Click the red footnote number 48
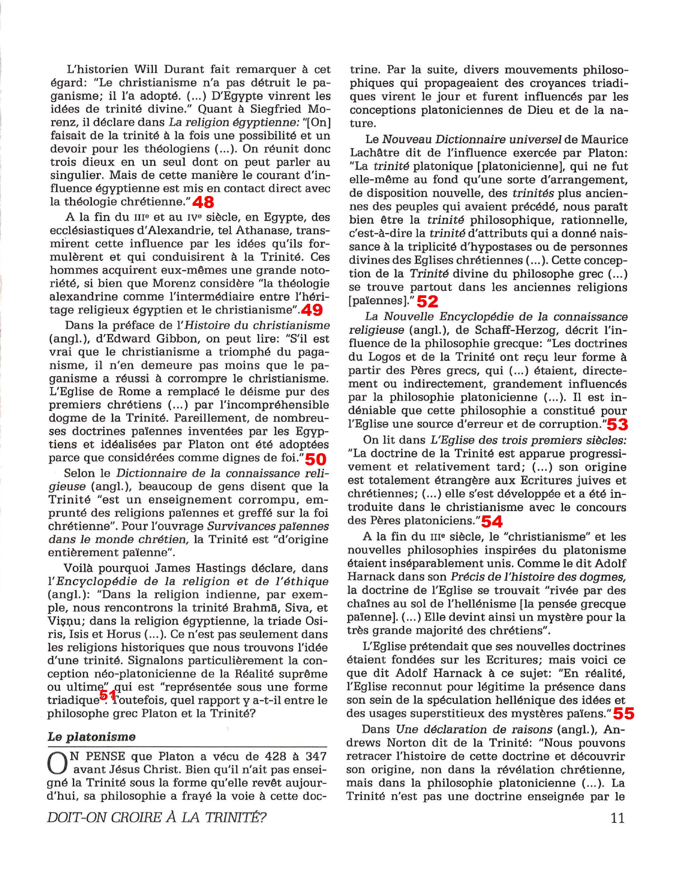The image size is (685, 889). point(203,202)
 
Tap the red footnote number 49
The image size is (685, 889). point(312,310)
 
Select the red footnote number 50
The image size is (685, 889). point(315,459)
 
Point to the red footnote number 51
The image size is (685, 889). point(108,695)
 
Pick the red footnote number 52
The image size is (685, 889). point(427,302)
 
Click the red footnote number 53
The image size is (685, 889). point(617,424)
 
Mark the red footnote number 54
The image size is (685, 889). point(492,521)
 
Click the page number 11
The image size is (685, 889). point(617,818)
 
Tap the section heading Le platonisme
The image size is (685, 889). point(92,737)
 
